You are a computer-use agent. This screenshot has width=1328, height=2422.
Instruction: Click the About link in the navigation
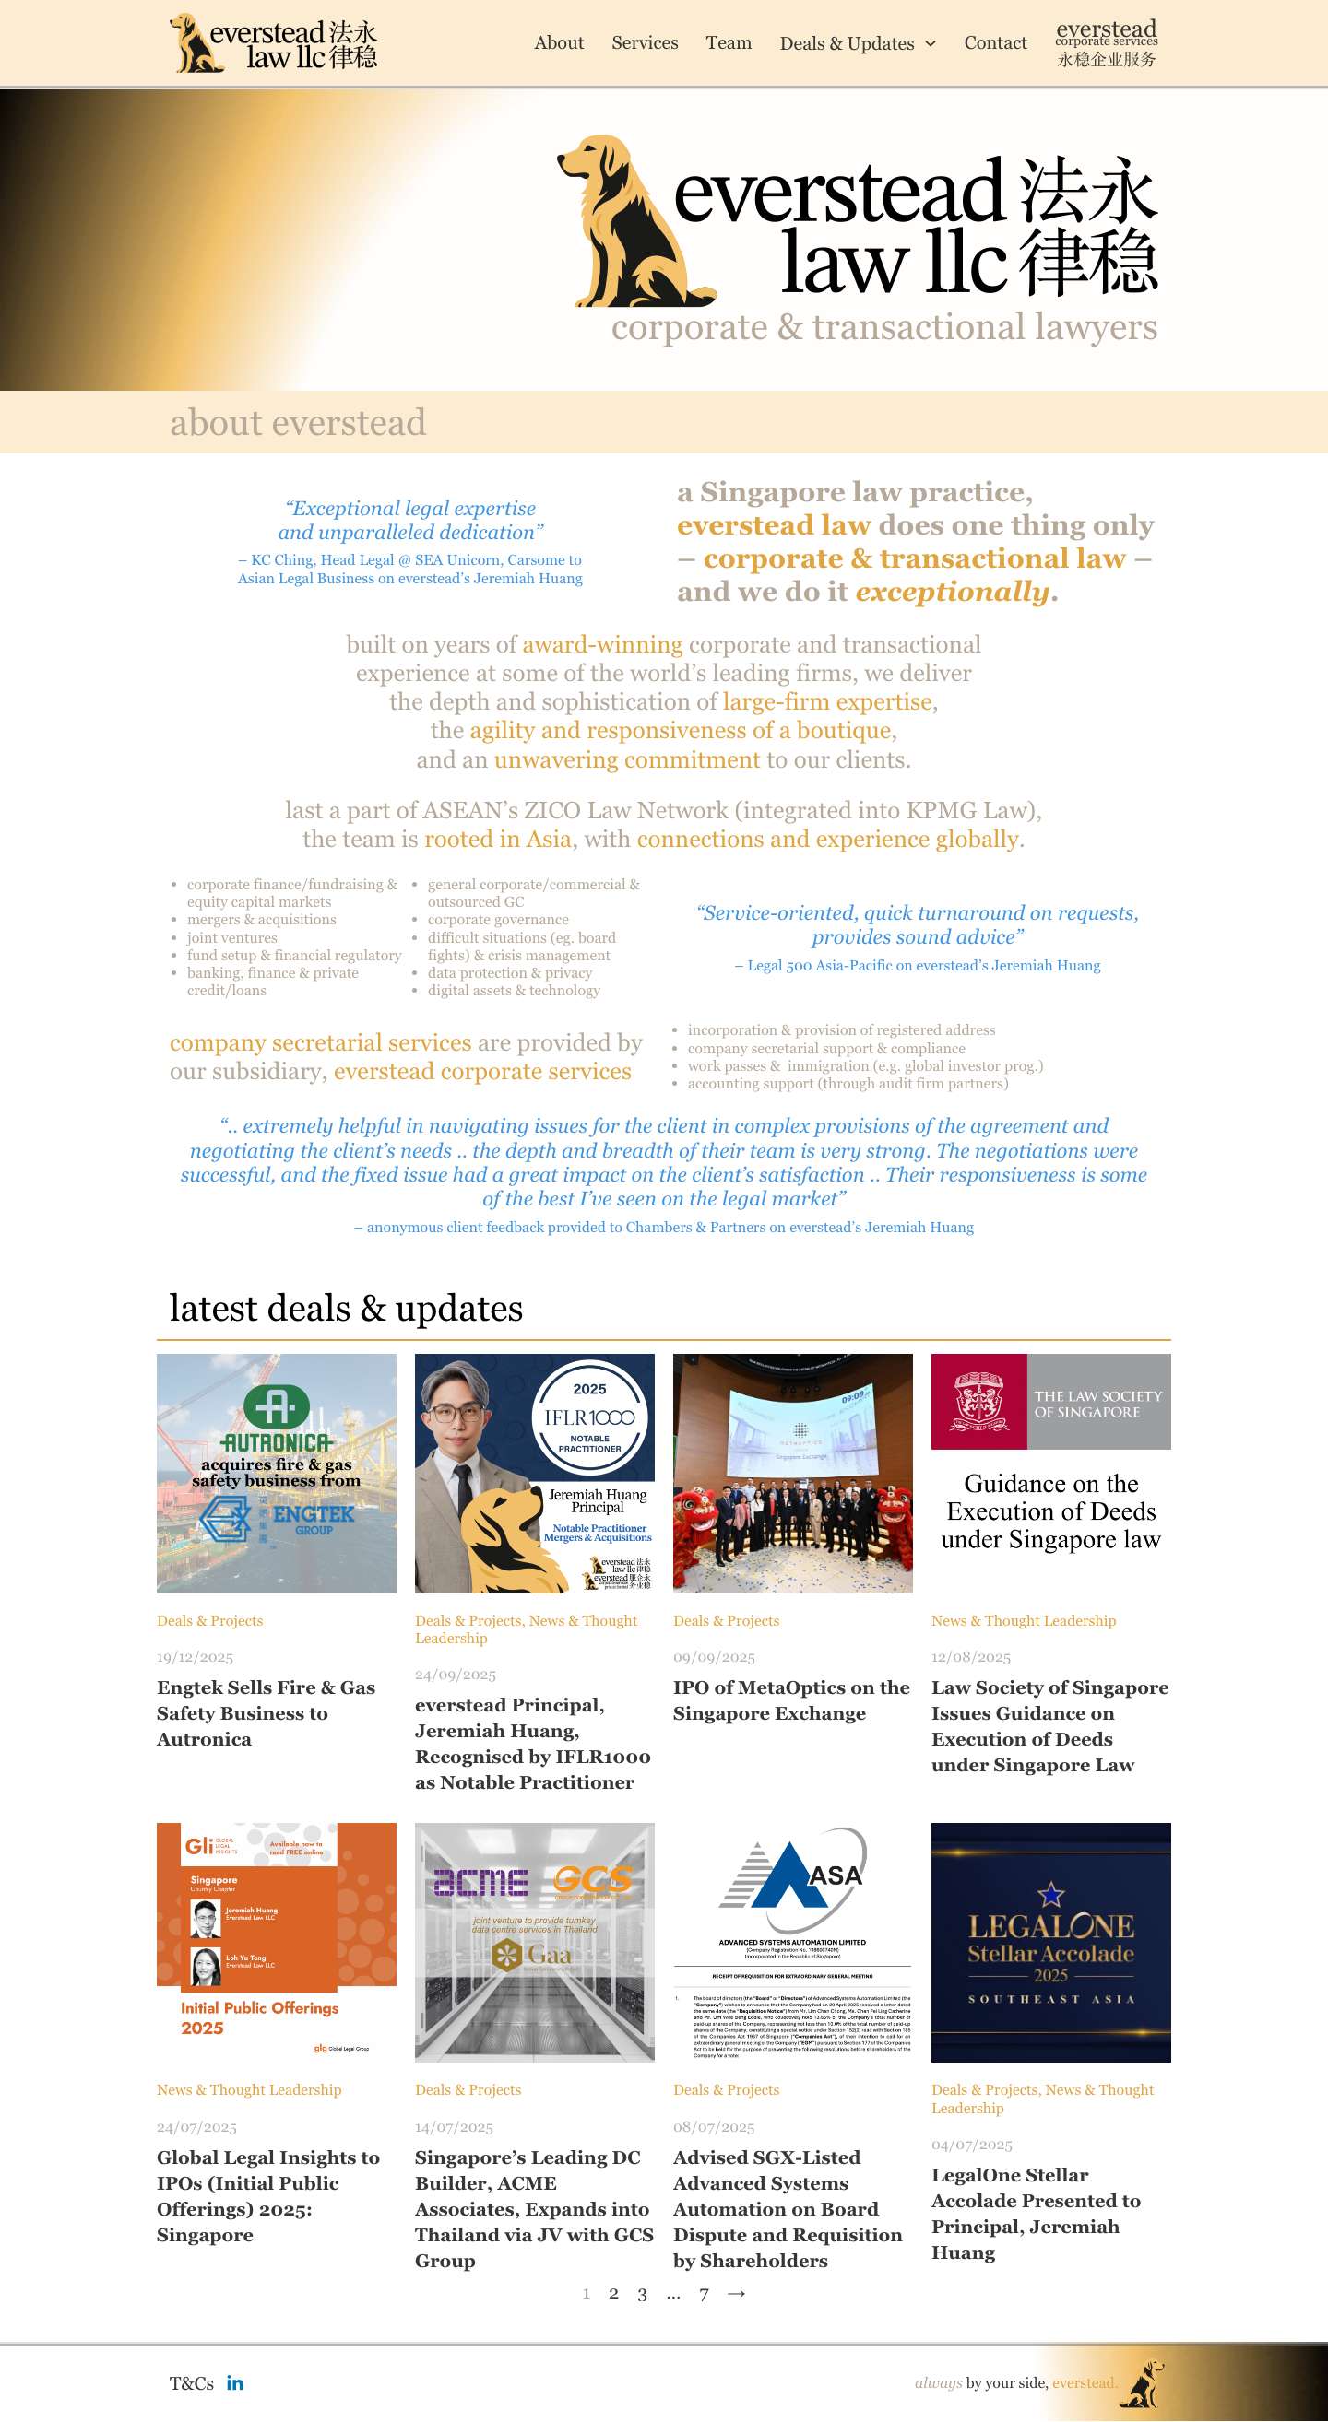(x=559, y=43)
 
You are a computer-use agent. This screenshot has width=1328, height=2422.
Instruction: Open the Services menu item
(x=645, y=43)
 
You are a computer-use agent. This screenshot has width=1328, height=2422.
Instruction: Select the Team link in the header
(x=728, y=43)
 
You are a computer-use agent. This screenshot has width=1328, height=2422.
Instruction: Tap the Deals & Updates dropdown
(x=857, y=44)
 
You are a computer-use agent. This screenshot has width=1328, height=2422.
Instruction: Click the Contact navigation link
(x=995, y=43)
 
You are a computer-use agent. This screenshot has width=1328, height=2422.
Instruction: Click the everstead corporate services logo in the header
(x=1106, y=43)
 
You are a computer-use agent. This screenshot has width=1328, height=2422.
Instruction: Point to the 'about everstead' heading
(x=297, y=423)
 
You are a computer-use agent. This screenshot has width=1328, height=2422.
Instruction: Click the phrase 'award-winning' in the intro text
(x=602, y=645)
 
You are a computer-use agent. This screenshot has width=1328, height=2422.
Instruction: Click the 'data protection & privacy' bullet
(x=509, y=973)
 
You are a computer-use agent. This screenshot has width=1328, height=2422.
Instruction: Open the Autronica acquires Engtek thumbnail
(x=277, y=1474)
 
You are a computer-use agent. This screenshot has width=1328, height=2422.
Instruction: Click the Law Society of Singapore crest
(x=978, y=1401)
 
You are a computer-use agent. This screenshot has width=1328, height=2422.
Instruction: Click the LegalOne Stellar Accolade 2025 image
(x=1050, y=1943)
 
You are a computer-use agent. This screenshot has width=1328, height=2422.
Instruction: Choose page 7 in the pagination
(x=704, y=2294)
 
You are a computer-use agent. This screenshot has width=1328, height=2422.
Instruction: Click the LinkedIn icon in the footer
(x=235, y=2382)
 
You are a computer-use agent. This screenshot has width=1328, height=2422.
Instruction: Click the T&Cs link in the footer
(x=191, y=2382)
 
